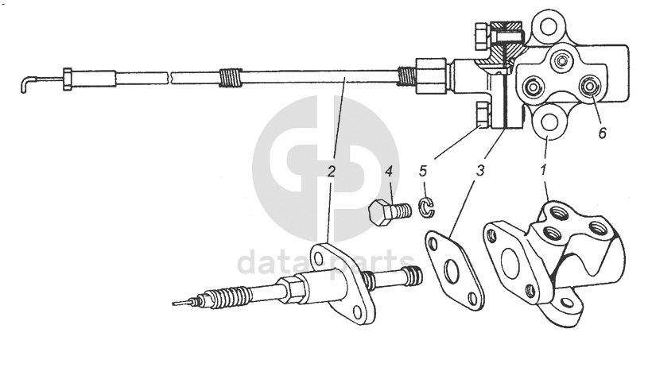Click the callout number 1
point(543,170)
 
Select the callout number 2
point(331,171)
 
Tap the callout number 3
point(480,170)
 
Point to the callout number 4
point(389,171)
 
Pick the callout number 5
point(423,170)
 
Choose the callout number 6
point(602,133)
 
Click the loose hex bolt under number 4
point(390,212)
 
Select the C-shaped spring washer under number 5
point(426,207)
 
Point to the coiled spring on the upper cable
point(230,77)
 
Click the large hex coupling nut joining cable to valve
point(432,75)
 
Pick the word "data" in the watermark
point(265,262)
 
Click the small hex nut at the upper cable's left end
point(67,78)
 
